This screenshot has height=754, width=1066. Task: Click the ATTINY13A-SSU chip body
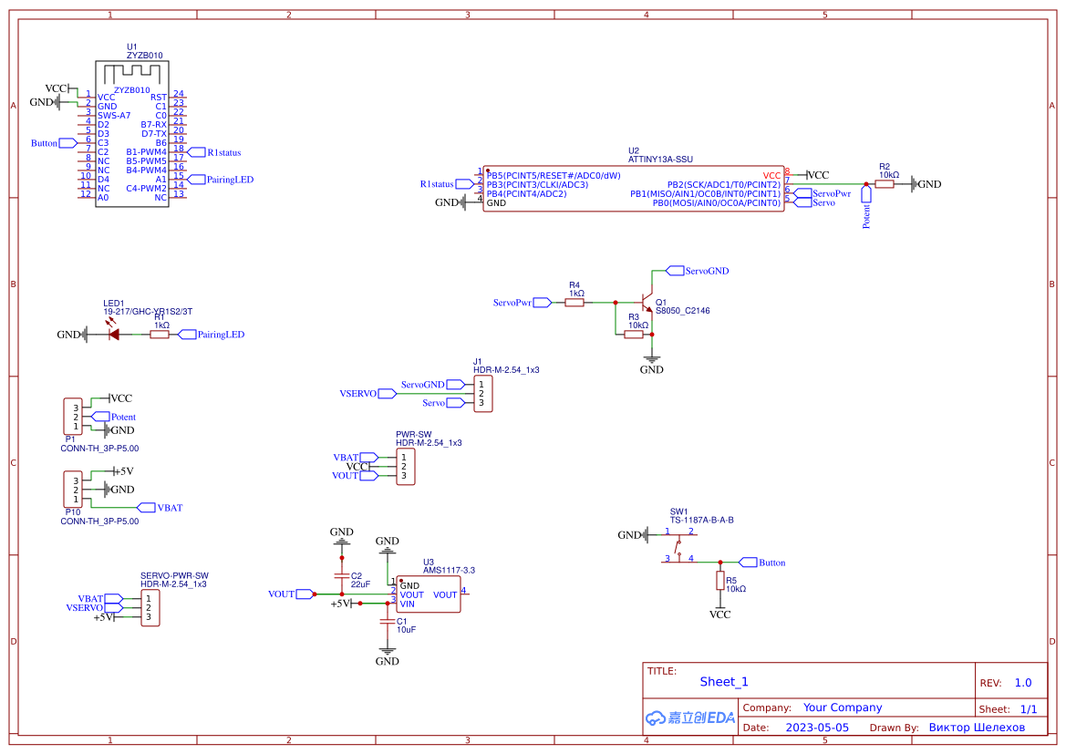(x=634, y=189)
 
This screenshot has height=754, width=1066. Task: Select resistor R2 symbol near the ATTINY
(x=885, y=184)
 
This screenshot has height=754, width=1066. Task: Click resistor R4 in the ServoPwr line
(x=574, y=302)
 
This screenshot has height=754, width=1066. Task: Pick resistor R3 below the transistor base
(x=635, y=335)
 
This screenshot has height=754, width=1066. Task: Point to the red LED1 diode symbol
(x=114, y=335)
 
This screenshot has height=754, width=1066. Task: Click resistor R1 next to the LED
(x=160, y=335)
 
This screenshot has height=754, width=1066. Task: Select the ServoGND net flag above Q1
(x=676, y=271)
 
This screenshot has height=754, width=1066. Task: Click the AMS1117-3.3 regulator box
(x=428, y=594)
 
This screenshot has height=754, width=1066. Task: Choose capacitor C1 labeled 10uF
(x=388, y=625)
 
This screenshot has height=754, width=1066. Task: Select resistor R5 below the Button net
(x=720, y=582)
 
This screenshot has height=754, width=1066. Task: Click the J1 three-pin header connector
(x=482, y=394)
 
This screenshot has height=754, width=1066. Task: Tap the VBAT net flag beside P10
(x=146, y=507)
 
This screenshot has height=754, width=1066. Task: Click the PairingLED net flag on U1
(x=195, y=180)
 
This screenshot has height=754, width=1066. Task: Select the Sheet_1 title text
(x=724, y=682)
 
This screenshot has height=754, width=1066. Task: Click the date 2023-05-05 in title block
(x=817, y=728)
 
